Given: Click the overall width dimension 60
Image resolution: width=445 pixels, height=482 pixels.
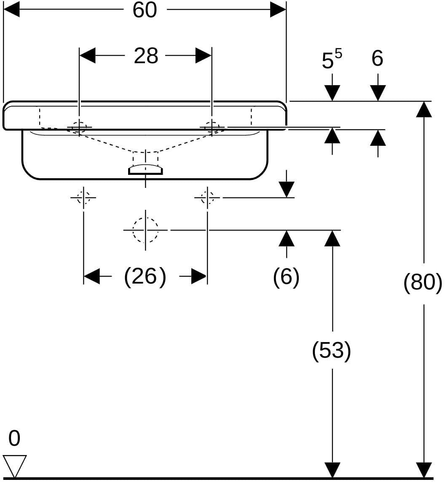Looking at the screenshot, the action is coord(145,10).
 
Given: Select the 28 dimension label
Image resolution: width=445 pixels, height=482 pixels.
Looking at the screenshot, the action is coord(146,56).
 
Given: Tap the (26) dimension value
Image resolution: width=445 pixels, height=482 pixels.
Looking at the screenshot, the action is coord(145,276).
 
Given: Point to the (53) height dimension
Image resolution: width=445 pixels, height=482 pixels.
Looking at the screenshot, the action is coord(332,351).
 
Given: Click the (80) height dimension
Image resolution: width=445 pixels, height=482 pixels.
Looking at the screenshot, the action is coord(423,282).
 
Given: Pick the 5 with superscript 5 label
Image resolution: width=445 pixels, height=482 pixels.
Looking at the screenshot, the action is coord(332,59).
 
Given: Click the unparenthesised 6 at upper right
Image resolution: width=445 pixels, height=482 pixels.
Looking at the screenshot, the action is coord(377,59).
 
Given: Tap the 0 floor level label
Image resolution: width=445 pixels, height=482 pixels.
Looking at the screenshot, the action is coord(14,438).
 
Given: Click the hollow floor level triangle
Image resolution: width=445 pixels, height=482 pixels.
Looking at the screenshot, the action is coord(14,466).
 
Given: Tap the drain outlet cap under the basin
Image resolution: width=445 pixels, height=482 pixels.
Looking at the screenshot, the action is coord(145,169).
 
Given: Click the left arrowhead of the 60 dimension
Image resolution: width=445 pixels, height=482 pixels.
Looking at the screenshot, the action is coord(11,10).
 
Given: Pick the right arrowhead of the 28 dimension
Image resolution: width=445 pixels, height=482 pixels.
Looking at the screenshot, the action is coord(204,56).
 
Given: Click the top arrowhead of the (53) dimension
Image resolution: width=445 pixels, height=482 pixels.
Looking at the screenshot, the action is coord(332,238).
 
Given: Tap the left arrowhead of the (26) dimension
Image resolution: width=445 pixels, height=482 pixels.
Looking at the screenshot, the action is coord(91,276).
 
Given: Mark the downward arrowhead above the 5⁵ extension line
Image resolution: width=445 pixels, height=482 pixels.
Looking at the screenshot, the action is coord(332,93).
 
